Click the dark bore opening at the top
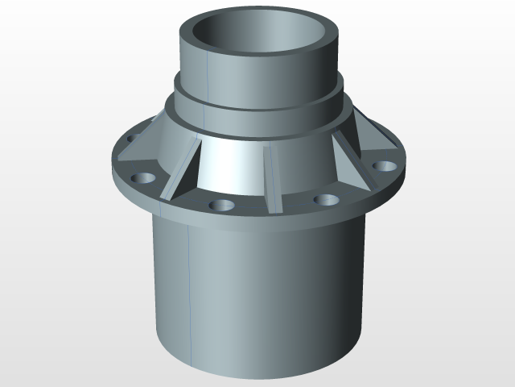coord(262,40)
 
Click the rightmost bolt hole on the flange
coord(385,166)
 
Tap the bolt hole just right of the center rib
coord(325,199)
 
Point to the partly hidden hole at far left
coord(129,139)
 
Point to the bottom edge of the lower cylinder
coord(257,377)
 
